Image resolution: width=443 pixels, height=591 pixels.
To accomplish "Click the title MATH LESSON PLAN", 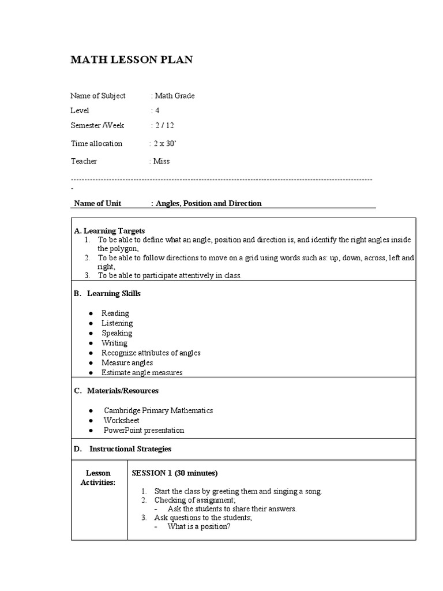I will pyautogui.click(x=132, y=59).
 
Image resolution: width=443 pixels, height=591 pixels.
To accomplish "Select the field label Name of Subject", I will pyautogui.click(x=97, y=96).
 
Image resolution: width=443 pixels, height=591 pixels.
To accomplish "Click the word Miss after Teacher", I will pyautogui.click(x=162, y=161).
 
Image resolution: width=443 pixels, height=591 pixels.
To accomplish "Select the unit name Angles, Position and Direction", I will pyautogui.click(x=208, y=203).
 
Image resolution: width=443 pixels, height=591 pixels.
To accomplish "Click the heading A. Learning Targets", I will pyautogui.click(x=110, y=230).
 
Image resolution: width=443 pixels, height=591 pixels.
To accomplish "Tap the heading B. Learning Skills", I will pyautogui.click(x=107, y=293).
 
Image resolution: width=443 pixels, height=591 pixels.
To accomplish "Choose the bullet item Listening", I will pyautogui.click(x=117, y=323).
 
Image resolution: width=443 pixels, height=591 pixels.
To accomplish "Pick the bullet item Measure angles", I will pyautogui.click(x=127, y=362).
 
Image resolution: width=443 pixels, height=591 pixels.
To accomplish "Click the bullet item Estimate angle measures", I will pyautogui.click(x=142, y=372).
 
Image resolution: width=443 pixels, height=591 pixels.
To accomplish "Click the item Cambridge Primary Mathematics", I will pyautogui.click(x=158, y=410).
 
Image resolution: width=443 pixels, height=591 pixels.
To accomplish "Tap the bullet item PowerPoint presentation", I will pyautogui.click(x=144, y=430).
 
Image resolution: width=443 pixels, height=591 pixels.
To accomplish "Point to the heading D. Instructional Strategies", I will pyautogui.click(x=122, y=448).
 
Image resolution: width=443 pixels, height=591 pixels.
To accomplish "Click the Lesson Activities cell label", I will pyautogui.click(x=98, y=477).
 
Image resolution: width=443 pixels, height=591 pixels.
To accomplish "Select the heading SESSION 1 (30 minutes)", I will pyautogui.click(x=175, y=473).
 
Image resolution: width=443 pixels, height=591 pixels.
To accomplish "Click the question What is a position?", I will pyautogui.click(x=199, y=526).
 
